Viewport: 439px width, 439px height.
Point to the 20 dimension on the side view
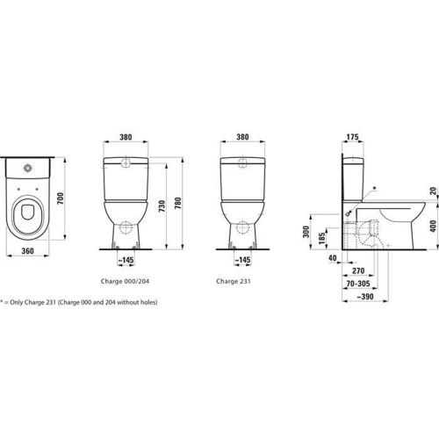pos(431,191)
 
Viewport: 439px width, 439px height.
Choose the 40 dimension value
pos(333,259)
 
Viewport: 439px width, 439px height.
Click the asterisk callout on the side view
pos(372,187)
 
